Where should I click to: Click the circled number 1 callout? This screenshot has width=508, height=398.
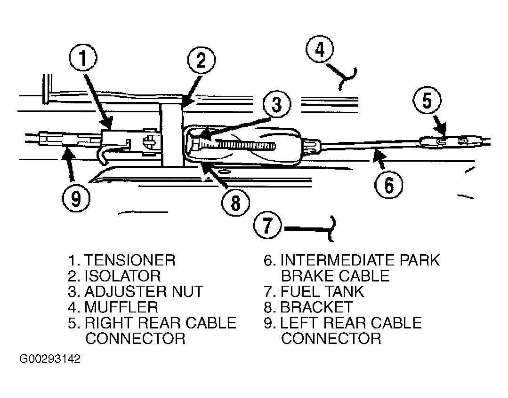[83, 59]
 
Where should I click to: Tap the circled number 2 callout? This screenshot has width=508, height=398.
[201, 61]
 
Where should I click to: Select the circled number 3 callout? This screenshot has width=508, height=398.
[277, 104]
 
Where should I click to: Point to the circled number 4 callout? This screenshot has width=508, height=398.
[320, 49]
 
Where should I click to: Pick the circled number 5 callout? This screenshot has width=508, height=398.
[427, 101]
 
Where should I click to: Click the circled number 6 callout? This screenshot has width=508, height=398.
[389, 185]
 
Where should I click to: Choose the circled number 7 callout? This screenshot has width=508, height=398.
[267, 225]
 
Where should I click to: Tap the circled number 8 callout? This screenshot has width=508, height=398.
[235, 203]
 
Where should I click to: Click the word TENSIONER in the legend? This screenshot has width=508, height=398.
[130, 260]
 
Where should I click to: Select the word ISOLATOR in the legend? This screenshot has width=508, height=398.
[122, 276]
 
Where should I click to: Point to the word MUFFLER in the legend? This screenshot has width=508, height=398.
[121, 307]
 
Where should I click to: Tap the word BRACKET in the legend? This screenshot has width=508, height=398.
[316, 307]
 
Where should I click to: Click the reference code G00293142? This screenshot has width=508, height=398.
[50, 359]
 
